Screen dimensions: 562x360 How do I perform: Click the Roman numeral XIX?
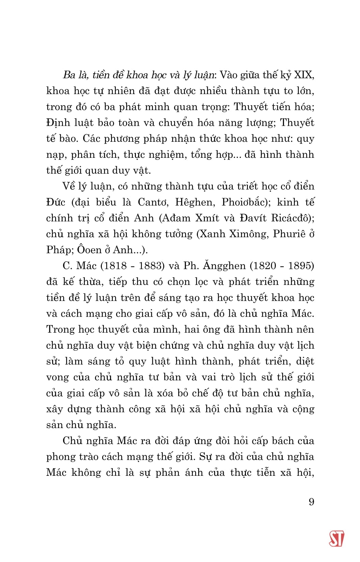coord(304,75)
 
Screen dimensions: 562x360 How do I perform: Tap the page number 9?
coord(311,502)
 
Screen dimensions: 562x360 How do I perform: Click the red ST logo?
coord(336,538)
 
